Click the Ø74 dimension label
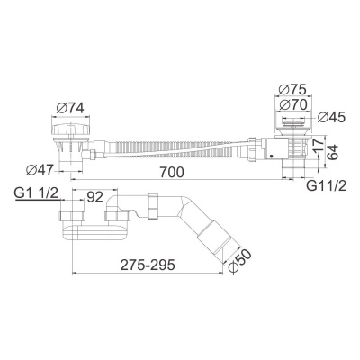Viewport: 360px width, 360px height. pyautogui.click(x=71, y=108)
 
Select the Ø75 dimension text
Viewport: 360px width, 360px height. pyautogui.click(x=292, y=89)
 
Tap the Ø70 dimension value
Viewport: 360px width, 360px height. pyautogui.click(x=293, y=105)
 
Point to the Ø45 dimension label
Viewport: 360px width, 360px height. pyautogui.click(x=331, y=117)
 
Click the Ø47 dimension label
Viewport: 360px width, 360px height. pyautogui.click(x=40, y=170)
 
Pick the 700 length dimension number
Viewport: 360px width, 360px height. pyautogui.click(x=171, y=172)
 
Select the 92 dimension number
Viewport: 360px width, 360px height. pyautogui.click(x=94, y=196)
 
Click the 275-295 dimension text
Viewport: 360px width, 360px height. pyautogui.click(x=148, y=265)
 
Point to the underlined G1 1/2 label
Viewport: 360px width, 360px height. pyautogui.click(x=36, y=193)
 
